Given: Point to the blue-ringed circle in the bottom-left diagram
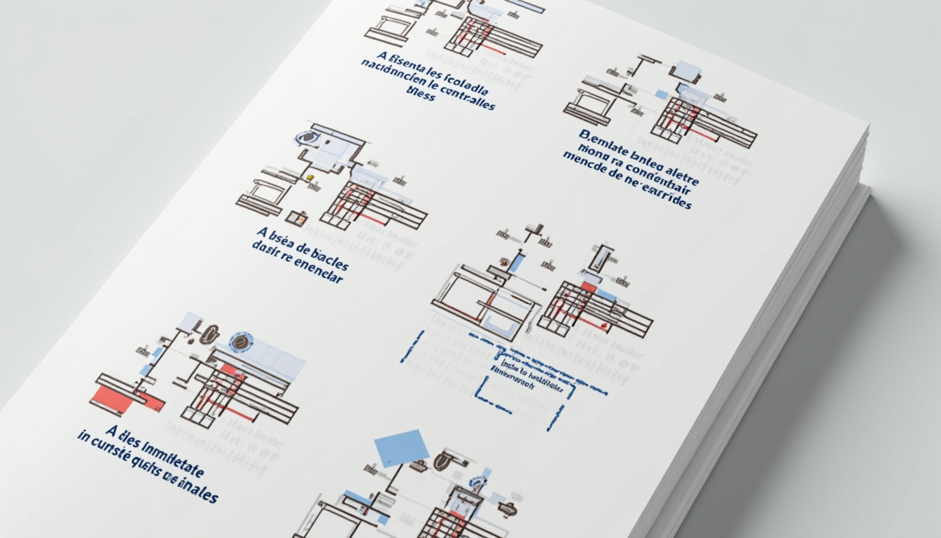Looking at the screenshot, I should click(241, 343).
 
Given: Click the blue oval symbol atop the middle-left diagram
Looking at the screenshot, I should click(306, 138).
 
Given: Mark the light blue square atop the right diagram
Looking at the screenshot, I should click(686, 71).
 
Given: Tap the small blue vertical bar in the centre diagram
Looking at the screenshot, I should click(515, 263).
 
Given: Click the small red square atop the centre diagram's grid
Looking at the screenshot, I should click(589, 287).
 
